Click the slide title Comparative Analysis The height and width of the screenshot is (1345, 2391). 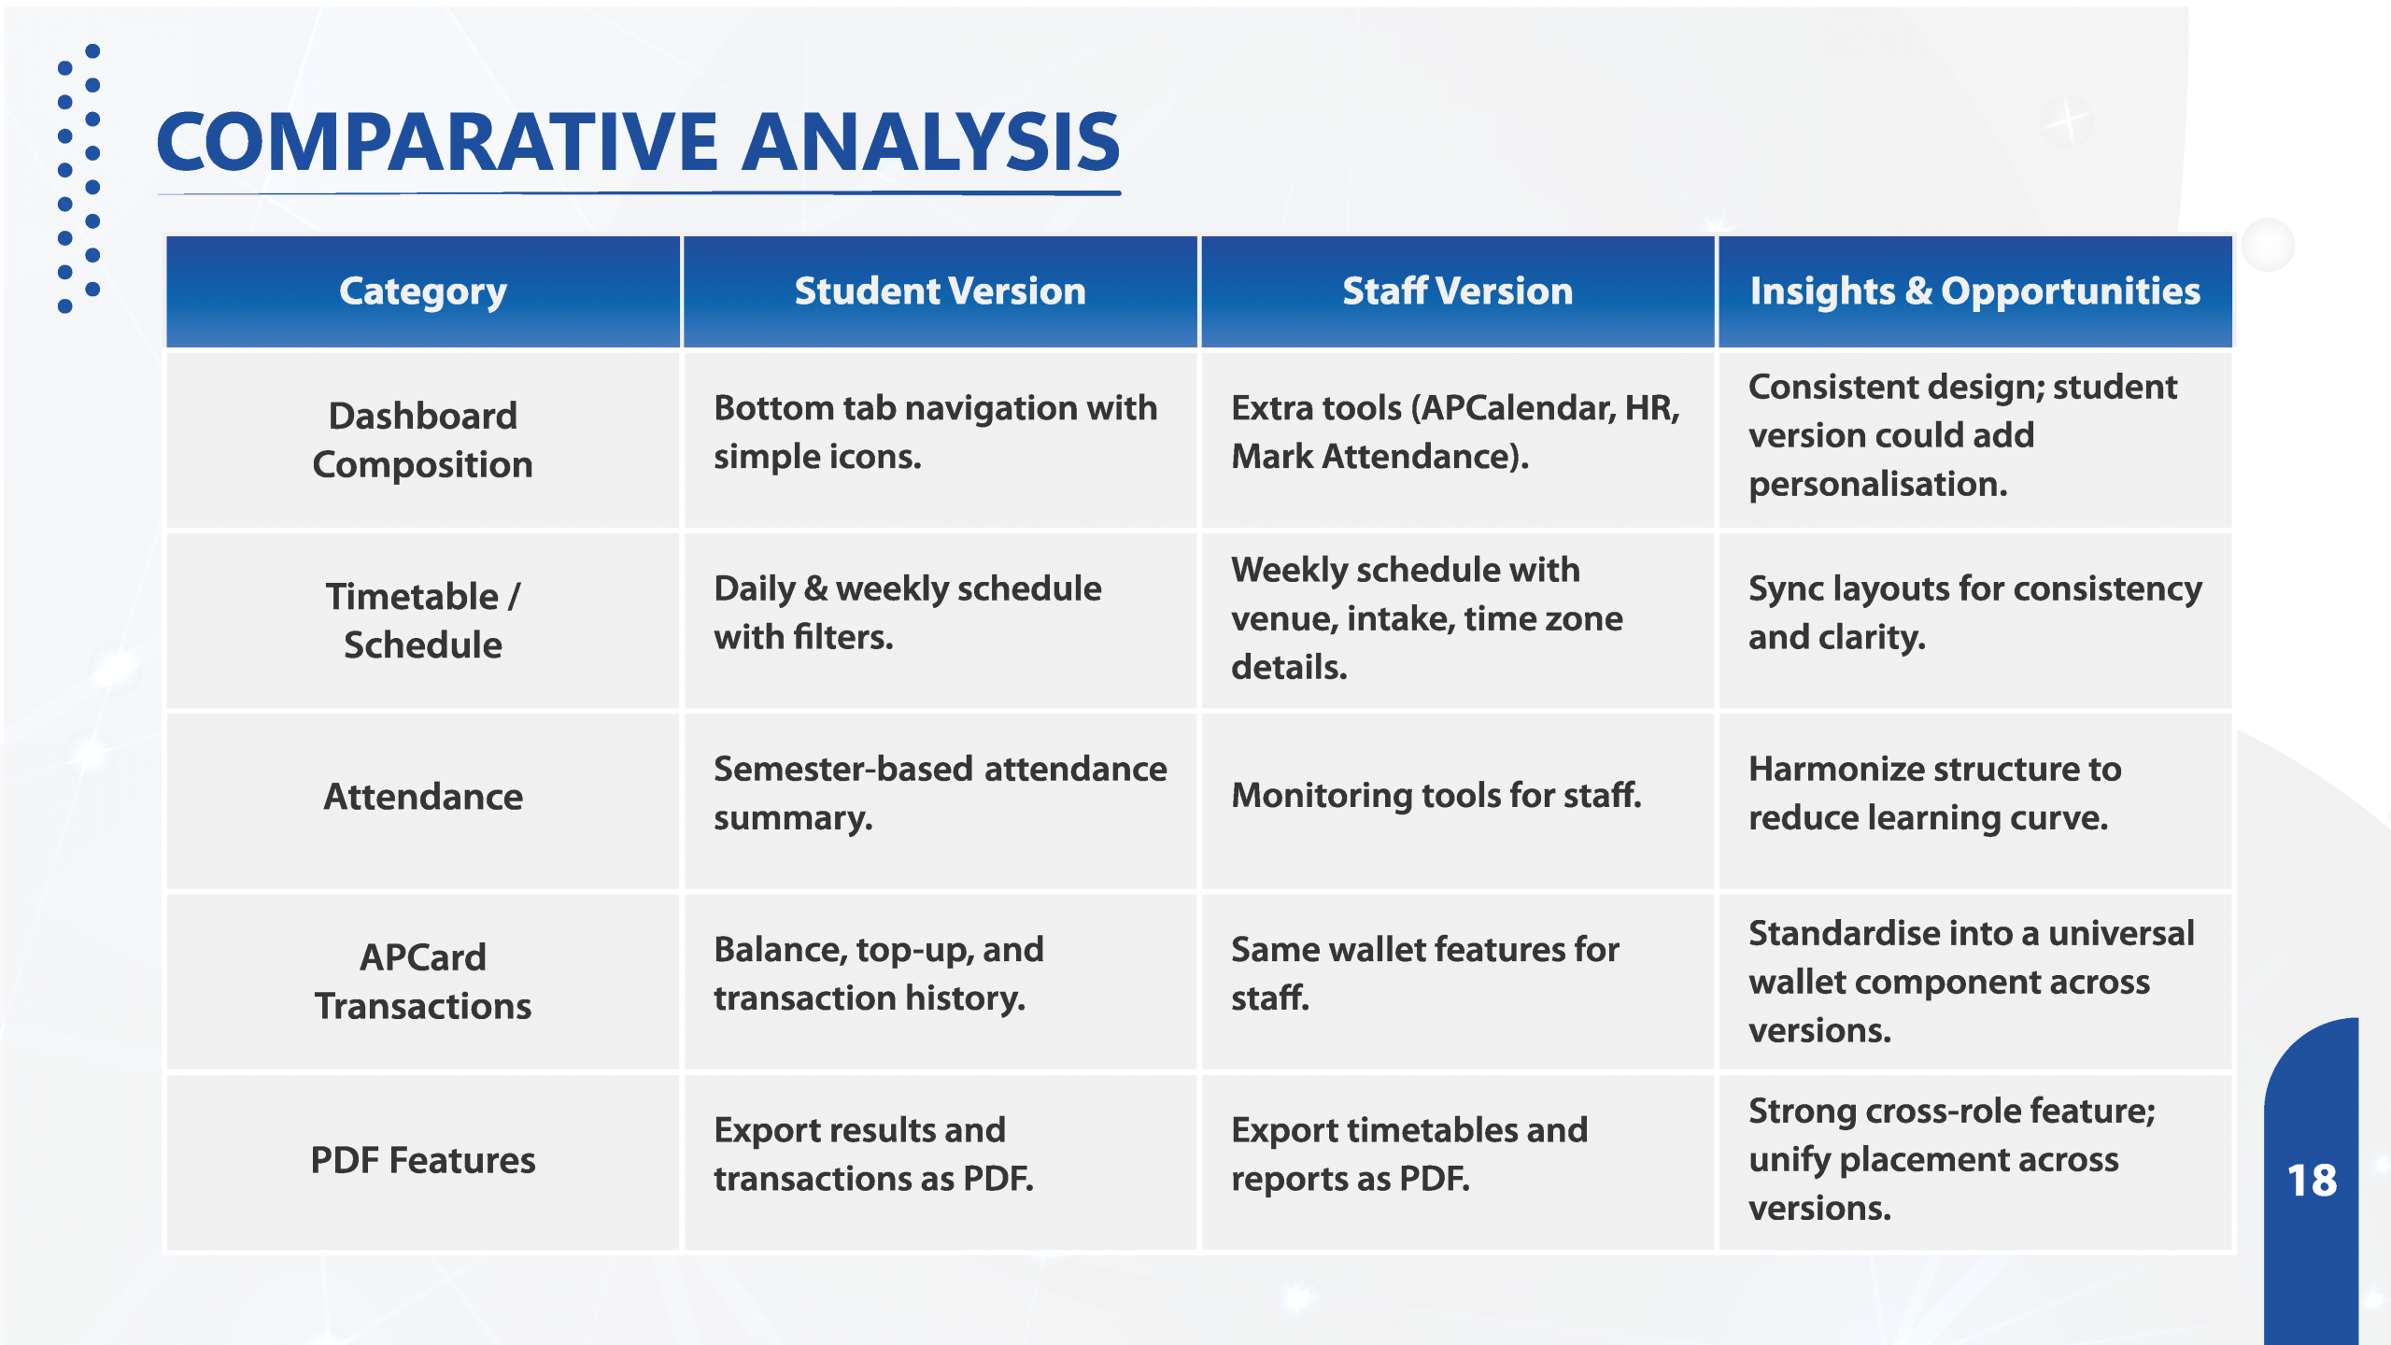[638, 142]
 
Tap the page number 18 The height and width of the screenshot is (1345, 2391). [2312, 1181]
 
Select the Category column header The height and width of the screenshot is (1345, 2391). [423, 291]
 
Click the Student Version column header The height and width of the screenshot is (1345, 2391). [941, 291]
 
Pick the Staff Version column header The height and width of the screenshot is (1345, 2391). [1458, 291]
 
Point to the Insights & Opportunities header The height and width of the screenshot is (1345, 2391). [1975, 291]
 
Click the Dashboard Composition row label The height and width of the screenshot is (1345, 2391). [423, 440]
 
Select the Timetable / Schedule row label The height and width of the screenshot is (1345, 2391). [423, 620]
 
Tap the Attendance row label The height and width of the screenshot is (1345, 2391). [423, 797]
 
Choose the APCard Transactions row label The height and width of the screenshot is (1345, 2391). [423, 982]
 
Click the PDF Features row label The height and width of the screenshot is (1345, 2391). [423, 1160]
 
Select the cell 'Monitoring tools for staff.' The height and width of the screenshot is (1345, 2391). [1436, 795]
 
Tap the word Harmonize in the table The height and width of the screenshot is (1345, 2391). [1834, 769]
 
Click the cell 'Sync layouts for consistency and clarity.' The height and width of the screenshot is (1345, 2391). [1975, 613]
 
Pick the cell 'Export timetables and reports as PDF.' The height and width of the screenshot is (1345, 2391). [1409, 1154]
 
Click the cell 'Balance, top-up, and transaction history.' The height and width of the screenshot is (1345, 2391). [879, 973]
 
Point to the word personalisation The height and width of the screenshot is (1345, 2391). [1878, 485]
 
